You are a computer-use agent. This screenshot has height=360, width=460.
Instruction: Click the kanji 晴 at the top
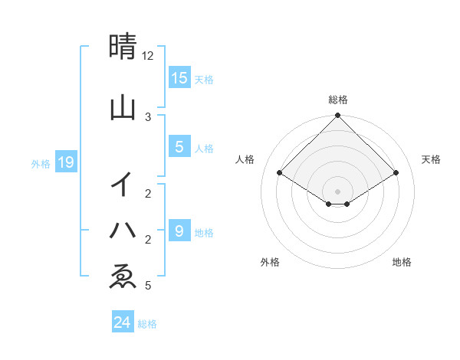(123, 47)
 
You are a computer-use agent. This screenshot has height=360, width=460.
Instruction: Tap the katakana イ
(123, 185)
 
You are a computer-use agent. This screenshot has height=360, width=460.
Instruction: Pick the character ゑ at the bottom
(123, 276)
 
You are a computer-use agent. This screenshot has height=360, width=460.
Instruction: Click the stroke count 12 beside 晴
(148, 56)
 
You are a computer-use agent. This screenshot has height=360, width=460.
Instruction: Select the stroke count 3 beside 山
(148, 116)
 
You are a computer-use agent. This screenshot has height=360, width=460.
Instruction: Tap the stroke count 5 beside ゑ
(148, 286)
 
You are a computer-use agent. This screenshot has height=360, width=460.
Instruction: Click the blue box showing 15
(179, 77)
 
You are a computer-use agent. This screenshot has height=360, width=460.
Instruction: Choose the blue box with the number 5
(179, 147)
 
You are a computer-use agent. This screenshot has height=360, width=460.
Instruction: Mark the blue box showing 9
(179, 231)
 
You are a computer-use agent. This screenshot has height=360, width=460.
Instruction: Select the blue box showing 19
(65, 162)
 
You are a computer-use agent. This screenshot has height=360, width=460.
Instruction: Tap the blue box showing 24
(123, 322)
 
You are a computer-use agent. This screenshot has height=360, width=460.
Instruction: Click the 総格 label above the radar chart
(338, 100)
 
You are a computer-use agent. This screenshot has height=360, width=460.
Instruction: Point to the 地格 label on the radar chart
(402, 262)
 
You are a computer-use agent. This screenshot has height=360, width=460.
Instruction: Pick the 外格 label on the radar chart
(270, 262)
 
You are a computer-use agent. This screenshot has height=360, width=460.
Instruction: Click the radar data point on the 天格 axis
(396, 173)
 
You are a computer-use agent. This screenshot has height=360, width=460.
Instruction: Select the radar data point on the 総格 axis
(338, 116)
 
